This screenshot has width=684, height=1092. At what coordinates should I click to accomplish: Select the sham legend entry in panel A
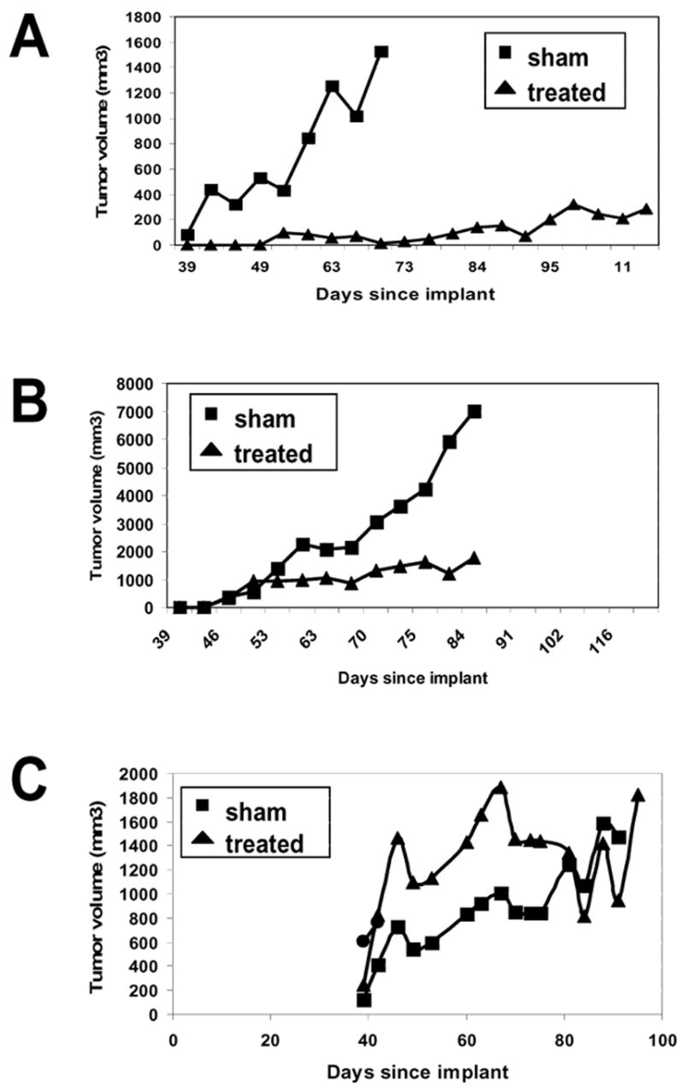pyautogui.click(x=529, y=60)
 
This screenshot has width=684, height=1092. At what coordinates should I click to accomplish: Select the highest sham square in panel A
pyautogui.click(x=381, y=52)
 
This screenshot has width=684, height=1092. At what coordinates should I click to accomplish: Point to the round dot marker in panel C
pyautogui.click(x=363, y=941)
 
